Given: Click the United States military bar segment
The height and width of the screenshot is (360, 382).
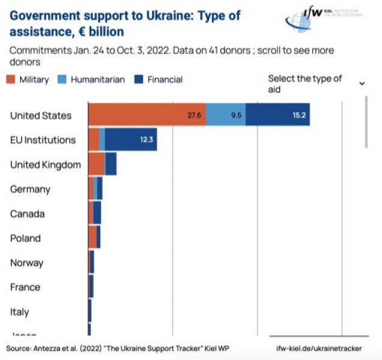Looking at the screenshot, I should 147,115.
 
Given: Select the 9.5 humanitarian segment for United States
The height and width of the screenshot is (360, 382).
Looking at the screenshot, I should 226,115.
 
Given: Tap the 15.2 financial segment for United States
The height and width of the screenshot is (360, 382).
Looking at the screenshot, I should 277,115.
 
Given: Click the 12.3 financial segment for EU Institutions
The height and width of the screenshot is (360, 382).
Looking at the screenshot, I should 131,139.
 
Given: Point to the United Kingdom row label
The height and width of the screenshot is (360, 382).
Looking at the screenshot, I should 45,164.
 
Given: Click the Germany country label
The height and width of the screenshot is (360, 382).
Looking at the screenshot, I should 30,189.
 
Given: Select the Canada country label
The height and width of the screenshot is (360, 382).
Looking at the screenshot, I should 27,214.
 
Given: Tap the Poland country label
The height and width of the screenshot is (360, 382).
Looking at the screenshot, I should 25,238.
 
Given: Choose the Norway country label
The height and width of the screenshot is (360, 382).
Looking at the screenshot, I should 26,263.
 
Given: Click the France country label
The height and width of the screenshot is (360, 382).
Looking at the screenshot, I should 25,287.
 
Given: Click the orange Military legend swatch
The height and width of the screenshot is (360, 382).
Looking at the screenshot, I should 11,79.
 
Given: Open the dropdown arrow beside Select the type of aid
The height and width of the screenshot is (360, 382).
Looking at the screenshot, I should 362,83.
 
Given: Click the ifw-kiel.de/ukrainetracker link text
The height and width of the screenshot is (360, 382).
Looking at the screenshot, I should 319,348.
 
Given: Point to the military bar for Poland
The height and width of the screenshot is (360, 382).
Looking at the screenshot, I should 92,238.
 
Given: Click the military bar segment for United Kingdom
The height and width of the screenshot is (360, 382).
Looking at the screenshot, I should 96,164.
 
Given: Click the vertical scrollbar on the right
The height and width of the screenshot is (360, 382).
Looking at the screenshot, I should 366,120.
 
